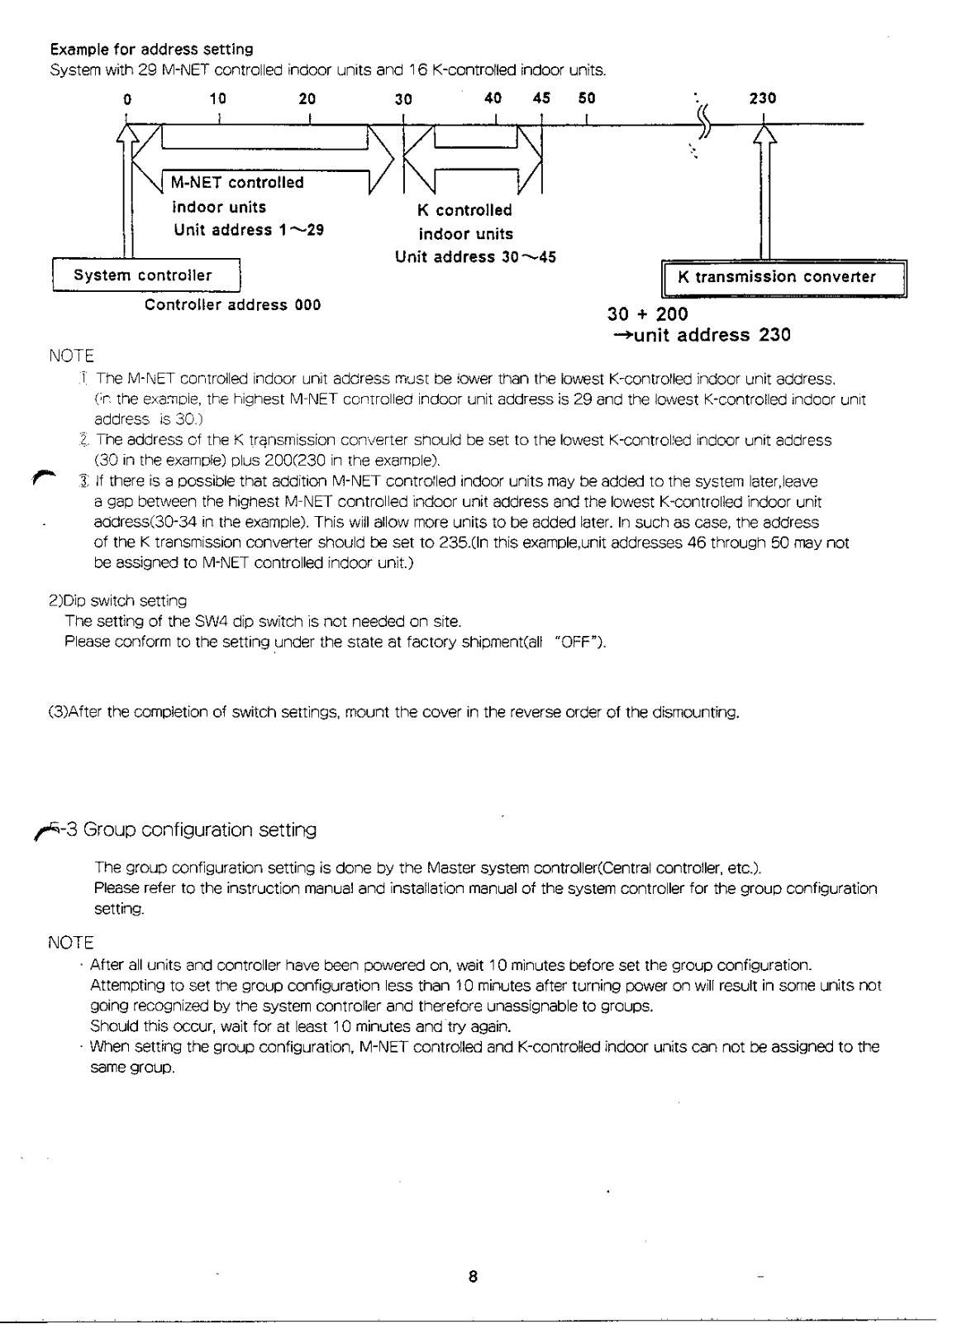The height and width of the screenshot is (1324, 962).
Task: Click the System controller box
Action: point(145,275)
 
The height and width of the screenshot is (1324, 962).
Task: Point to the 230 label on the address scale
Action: point(762,98)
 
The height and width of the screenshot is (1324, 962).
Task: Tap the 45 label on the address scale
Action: point(542,98)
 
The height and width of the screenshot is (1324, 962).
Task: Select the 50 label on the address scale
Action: point(586,98)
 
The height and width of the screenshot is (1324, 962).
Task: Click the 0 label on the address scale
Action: point(127,99)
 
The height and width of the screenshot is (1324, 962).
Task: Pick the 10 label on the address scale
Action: point(217,98)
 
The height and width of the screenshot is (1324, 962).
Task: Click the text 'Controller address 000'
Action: point(232,305)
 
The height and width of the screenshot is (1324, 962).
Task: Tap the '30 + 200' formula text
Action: point(647,315)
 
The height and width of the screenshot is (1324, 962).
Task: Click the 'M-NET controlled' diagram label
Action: point(237,183)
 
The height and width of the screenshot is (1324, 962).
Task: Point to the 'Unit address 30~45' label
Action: point(475,257)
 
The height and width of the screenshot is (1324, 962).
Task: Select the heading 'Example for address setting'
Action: point(151,50)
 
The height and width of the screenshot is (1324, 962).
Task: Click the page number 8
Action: point(473,1276)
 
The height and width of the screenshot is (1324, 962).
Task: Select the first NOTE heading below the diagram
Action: point(72,357)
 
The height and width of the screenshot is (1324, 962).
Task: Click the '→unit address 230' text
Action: point(701,335)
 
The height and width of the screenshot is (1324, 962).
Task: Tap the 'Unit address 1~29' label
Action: point(248,230)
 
